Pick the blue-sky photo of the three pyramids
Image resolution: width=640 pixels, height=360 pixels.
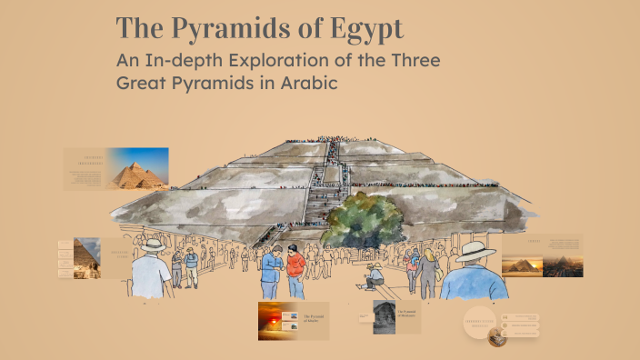coord(137,168)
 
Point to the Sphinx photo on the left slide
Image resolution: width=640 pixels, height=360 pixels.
coord(86,258)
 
